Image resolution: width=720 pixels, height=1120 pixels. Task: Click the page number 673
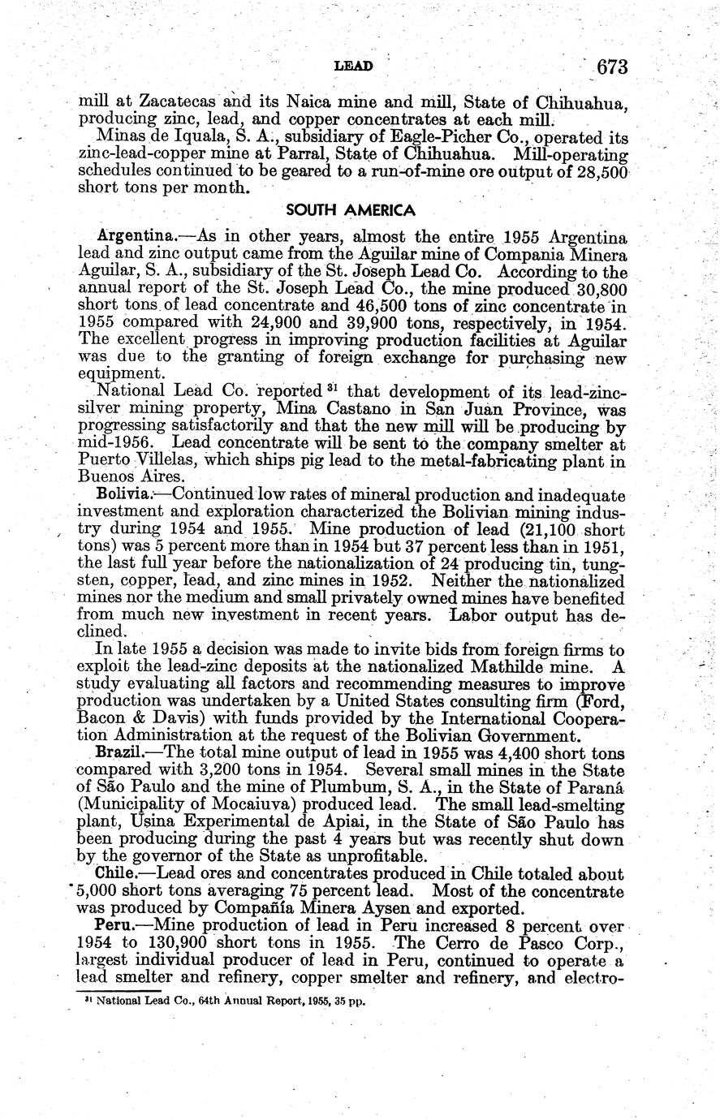click(x=611, y=67)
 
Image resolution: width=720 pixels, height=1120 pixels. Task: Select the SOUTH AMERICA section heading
click(x=351, y=210)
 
